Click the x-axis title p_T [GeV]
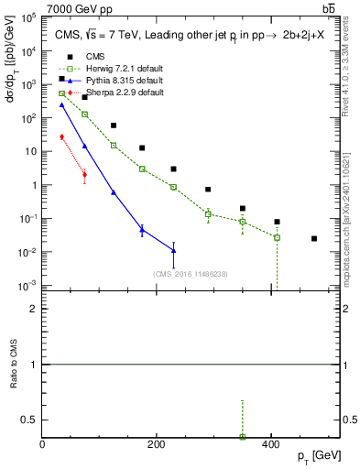316,455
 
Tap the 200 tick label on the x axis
157,445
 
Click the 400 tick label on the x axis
270,445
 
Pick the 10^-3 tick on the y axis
29,286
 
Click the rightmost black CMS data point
314,238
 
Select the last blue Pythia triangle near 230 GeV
173,250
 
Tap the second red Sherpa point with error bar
84,174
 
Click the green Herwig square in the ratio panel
243,437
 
